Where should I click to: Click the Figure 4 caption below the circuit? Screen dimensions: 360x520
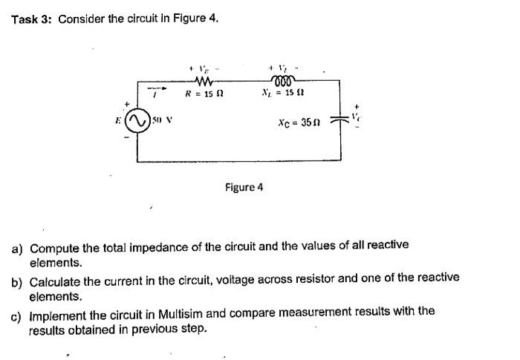click(244, 187)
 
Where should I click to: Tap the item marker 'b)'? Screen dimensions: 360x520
click(17, 281)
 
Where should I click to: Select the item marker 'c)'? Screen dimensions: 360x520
click(16, 314)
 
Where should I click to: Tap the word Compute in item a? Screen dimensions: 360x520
click(53, 246)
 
